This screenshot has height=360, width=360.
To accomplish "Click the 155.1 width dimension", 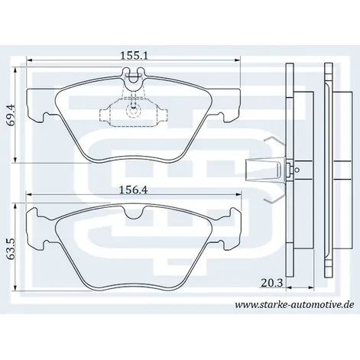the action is (134, 56).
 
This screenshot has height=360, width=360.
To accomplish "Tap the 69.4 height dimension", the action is (11, 115).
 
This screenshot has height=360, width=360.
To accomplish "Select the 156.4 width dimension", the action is (134, 190).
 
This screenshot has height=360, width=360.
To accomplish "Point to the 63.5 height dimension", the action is (11, 249).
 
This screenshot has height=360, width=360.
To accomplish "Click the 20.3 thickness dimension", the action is (272, 283).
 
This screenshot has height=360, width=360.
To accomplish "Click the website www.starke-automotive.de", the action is (294, 304).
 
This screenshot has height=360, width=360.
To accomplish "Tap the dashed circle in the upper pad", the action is (134, 111).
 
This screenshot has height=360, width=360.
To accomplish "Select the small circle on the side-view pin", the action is (297, 170).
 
